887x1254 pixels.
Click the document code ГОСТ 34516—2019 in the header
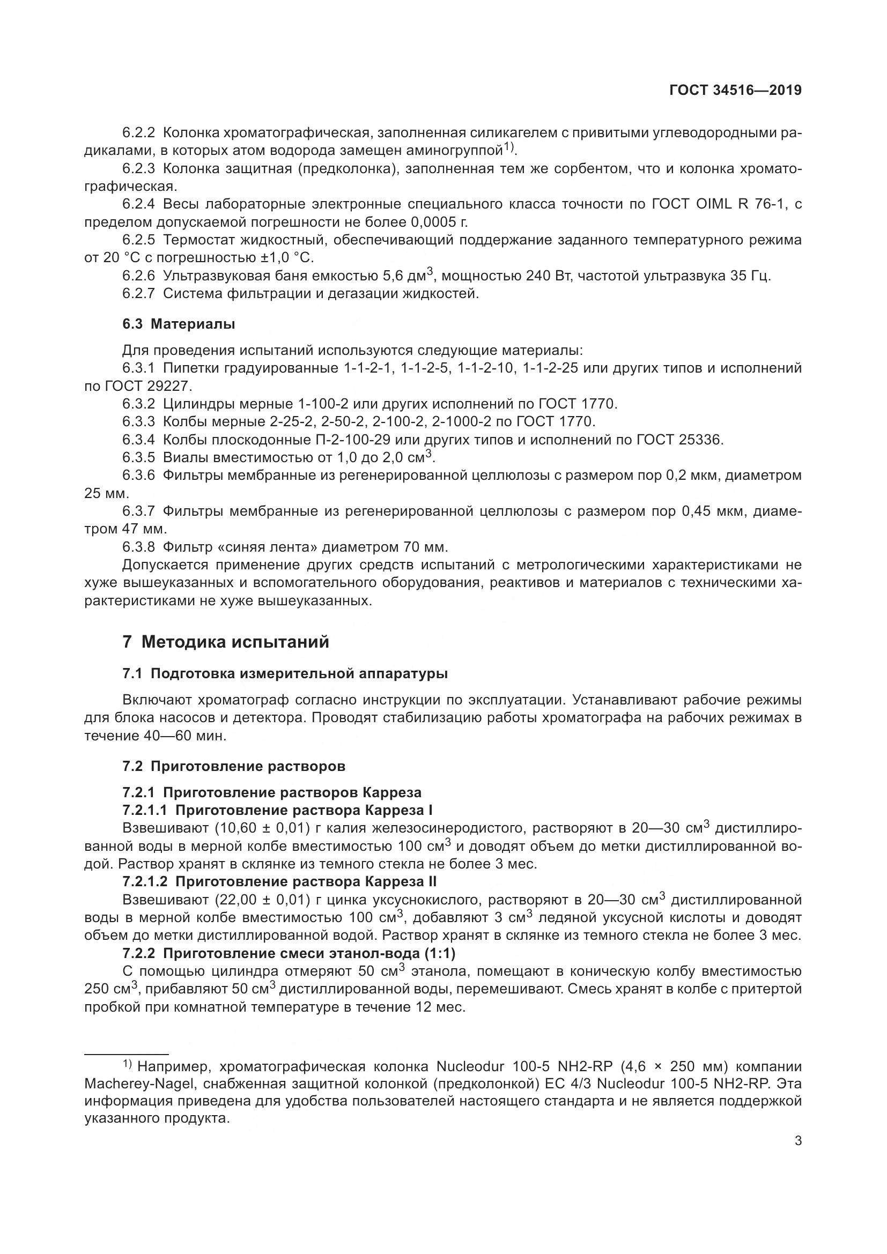(735, 91)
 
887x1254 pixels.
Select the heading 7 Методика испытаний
(226, 642)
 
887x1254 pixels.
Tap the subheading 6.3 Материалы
(179, 324)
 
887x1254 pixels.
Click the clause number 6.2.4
(139, 204)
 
